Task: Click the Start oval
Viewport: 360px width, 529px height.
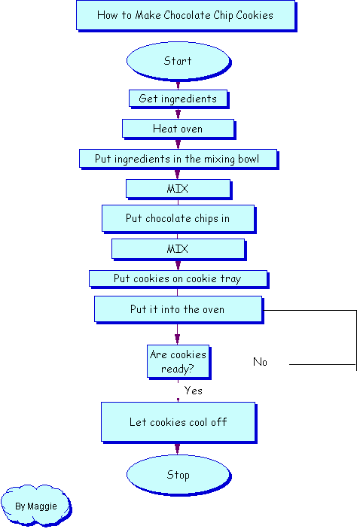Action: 178,61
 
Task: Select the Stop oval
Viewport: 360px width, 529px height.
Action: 178,475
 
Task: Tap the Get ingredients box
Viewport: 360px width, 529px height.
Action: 178,99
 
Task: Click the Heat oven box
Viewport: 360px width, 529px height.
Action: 178,129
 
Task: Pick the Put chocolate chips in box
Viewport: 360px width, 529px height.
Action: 178,219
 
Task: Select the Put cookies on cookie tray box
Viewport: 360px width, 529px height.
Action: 178,279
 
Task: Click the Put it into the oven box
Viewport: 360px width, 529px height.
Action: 178,309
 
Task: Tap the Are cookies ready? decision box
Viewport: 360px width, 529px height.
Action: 178,362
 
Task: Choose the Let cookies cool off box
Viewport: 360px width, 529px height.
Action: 178,422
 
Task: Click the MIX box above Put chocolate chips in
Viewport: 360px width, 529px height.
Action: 178,189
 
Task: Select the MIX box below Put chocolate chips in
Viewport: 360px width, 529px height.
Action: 178,249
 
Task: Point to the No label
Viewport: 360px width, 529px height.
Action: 260,362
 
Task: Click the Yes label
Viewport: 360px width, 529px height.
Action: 193,391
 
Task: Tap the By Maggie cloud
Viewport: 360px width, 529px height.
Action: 36,506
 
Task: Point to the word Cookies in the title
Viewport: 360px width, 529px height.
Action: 255,15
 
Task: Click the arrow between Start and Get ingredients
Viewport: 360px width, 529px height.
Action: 178,85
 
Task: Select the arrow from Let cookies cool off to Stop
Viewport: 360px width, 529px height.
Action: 177,449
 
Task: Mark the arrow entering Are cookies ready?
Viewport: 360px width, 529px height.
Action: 177,334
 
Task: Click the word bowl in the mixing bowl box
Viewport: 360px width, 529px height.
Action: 249,159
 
